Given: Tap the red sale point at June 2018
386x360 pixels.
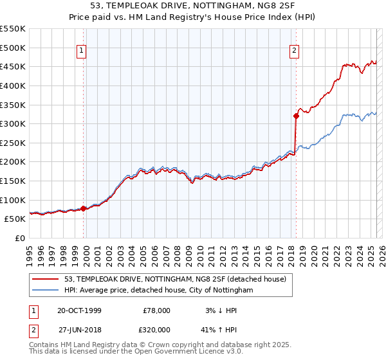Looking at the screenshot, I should point(296,116).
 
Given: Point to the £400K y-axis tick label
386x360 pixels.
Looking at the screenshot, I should point(14,85).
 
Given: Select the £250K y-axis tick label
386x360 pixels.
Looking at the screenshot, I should point(14,143).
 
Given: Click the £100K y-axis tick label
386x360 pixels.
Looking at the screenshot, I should point(14,200).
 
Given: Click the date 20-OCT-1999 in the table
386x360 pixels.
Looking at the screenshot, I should point(79,310).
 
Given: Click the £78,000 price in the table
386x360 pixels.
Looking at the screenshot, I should point(157,310).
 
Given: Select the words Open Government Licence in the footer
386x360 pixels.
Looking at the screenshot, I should point(190,353).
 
